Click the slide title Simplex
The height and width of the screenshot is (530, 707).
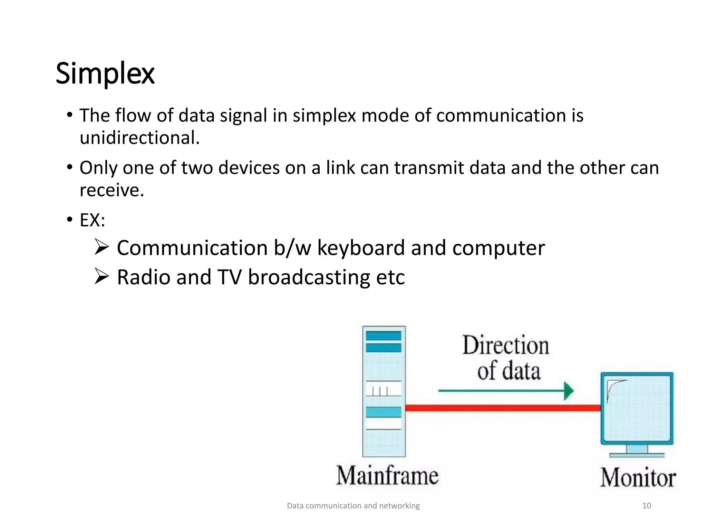click(105, 73)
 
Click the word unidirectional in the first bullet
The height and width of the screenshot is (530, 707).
click(139, 138)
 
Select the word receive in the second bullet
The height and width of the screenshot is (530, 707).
click(111, 190)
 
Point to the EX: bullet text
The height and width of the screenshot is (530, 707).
click(92, 220)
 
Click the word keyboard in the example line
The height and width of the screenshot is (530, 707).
click(360, 248)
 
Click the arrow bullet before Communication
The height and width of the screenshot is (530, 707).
click(101, 247)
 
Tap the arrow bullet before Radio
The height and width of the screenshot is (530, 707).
click(101, 277)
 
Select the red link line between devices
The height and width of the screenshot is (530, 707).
click(503, 408)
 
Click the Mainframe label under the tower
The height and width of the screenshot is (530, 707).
click(387, 475)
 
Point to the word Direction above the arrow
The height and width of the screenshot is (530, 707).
click(505, 345)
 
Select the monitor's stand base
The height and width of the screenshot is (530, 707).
click(637, 455)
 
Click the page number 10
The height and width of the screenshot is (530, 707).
click(647, 506)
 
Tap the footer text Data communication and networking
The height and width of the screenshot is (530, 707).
click(353, 506)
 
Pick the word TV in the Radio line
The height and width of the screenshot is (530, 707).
click(229, 277)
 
